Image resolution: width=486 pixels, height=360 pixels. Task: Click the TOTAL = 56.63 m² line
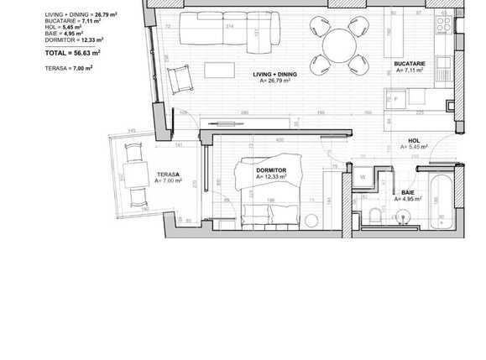click(73, 52)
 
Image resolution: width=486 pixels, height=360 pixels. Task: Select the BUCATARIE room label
click(410, 65)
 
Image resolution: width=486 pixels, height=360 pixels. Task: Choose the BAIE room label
click(409, 193)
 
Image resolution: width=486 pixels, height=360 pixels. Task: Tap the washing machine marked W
click(362, 178)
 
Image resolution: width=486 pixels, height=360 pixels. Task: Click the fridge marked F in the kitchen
click(395, 97)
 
